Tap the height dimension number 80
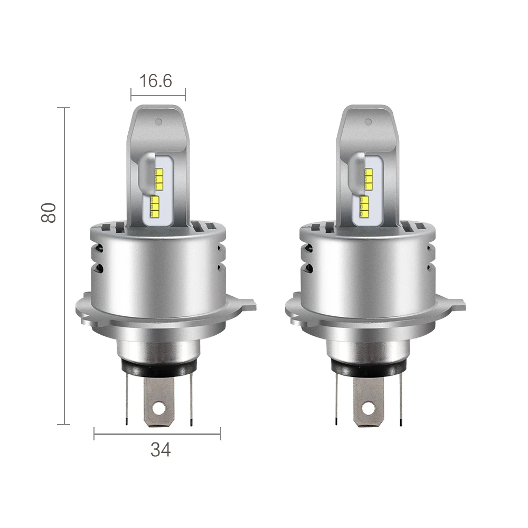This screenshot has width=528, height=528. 49,212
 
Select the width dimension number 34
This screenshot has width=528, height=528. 161,450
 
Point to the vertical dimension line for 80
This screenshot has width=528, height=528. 65,264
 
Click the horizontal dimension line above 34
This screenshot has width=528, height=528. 157,435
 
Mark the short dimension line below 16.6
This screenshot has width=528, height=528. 158,96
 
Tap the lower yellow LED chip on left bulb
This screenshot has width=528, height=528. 155,206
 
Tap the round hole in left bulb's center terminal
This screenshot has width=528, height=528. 158,409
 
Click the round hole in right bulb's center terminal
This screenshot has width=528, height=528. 369,409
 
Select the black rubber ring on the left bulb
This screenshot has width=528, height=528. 158,367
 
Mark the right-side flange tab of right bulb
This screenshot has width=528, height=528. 459,305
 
